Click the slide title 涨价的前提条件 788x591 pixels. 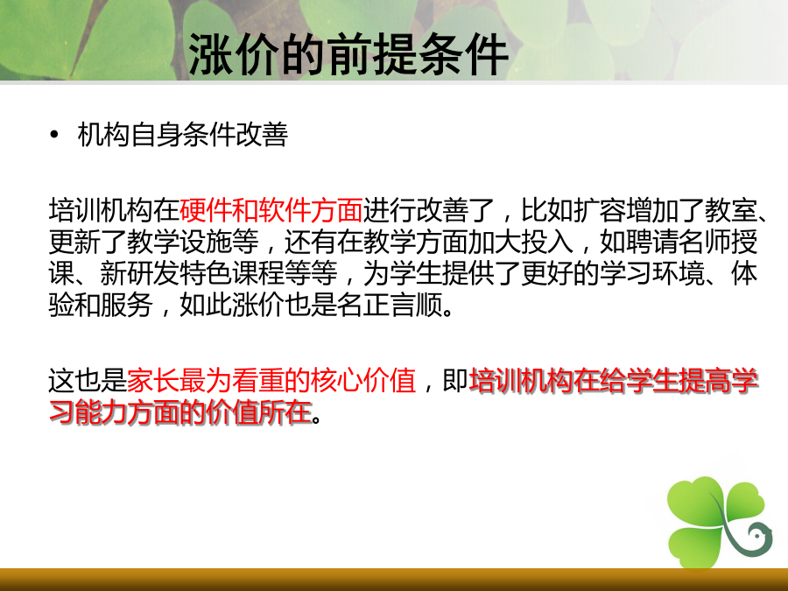348,54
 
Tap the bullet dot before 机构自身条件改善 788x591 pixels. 54,135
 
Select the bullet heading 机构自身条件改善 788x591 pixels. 183,135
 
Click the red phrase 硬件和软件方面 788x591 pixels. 271,210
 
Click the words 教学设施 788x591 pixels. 179,242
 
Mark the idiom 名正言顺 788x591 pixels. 390,305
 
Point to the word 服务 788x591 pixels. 127,305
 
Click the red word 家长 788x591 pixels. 153,381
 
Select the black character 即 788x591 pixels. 455,381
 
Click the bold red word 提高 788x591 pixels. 705,381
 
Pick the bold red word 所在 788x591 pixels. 285,412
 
